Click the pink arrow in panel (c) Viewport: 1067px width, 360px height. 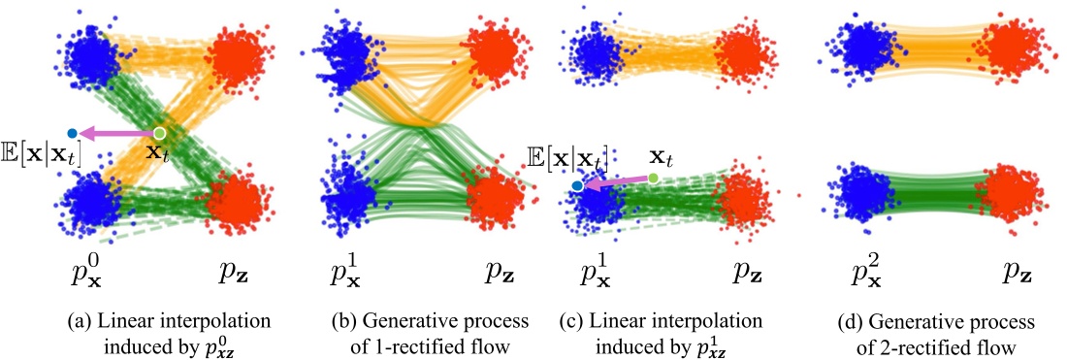click(615, 180)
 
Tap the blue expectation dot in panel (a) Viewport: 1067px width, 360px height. click(73, 133)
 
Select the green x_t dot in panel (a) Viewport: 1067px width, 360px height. click(160, 132)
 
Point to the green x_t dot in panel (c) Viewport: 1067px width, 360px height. click(653, 178)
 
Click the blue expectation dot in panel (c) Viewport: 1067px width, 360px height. click(578, 184)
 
